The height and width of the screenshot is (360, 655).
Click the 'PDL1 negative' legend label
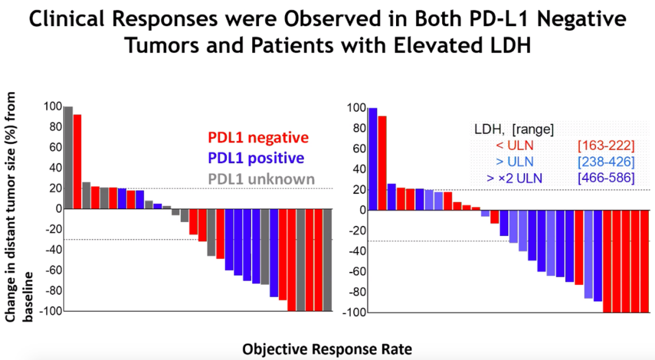258,138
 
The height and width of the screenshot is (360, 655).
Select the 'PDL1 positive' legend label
256,158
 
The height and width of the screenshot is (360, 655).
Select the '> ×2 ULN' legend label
510,178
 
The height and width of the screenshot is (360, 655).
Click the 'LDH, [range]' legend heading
513,128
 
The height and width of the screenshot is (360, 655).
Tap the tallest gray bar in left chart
69,158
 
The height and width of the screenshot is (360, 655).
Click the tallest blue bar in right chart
372,159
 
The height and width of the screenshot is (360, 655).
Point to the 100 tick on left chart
53,107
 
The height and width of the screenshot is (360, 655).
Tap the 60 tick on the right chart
357,149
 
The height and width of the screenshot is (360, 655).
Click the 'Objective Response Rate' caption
327,350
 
